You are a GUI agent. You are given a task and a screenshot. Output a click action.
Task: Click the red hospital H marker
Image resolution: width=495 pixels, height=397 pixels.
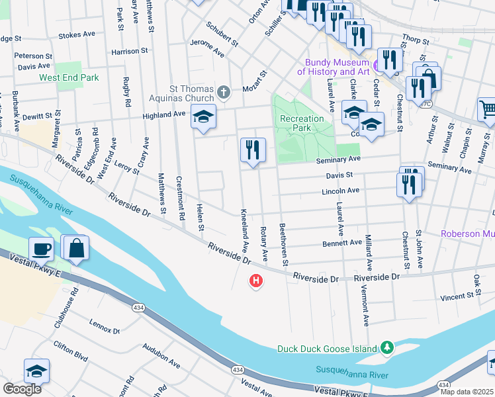pyautogui.click(x=255, y=282)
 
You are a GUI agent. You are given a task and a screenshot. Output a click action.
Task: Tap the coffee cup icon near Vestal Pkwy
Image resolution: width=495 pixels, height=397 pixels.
pyautogui.click(x=41, y=249)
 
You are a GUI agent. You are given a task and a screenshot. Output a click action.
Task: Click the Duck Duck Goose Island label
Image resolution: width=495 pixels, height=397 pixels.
pyautogui.click(x=327, y=349)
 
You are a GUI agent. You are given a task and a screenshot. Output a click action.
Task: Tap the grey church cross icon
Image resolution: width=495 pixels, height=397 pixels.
pyautogui.click(x=224, y=92)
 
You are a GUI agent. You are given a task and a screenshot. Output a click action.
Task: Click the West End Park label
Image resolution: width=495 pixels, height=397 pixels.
pyautogui.click(x=69, y=78)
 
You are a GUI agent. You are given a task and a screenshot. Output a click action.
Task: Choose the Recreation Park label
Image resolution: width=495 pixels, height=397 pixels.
pyautogui.click(x=302, y=124)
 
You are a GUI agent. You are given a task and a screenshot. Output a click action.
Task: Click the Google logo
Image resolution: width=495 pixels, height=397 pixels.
pyautogui.click(x=22, y=389)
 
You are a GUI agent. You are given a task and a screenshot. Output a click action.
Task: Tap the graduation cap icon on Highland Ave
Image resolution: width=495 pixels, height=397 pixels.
pyautogui.click(x=204, y=117)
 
